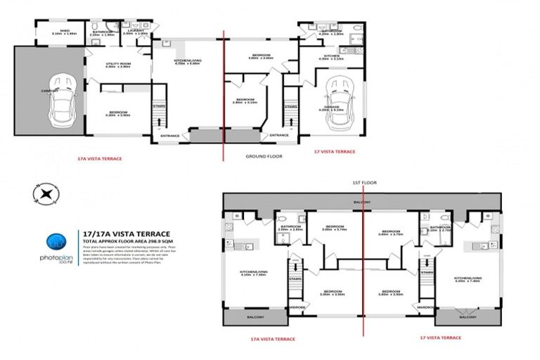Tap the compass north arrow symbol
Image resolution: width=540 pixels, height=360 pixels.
(x=46, y=193)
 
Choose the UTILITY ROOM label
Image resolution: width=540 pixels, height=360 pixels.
(x=118, y=65)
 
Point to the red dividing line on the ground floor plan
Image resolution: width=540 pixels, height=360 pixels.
(x=224, y=91)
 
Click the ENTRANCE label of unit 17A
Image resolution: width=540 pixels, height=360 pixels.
(x=169, y=135)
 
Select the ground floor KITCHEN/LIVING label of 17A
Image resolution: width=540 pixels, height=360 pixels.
(x=187, y=61)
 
